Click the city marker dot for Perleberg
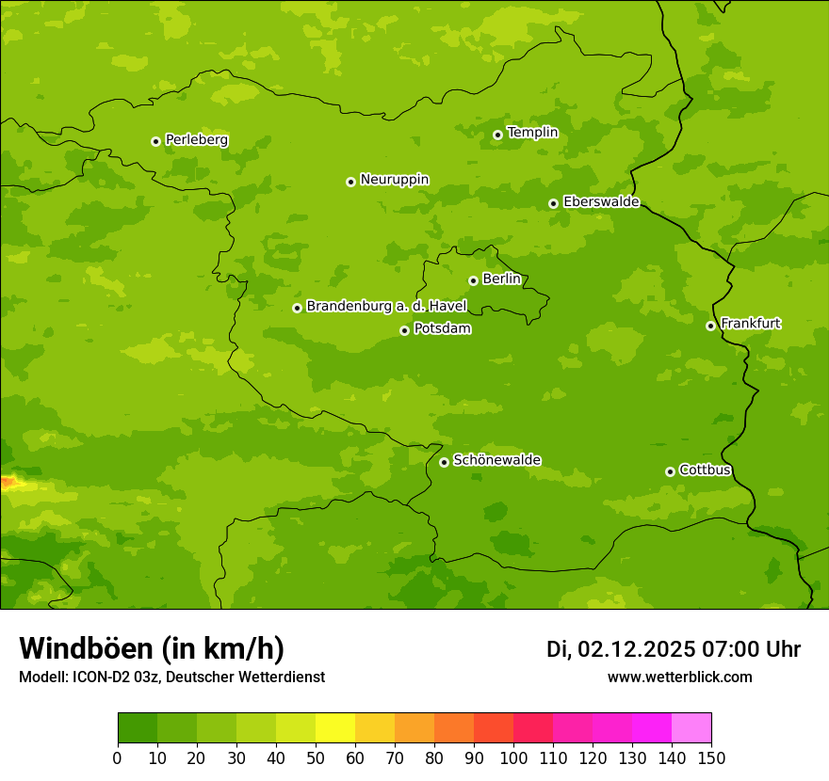pos(155,141)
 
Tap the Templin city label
pos(532,133)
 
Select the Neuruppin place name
pos(394,180)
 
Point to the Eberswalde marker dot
pos(553,203)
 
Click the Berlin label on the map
pos(501,279)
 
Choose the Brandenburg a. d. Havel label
pos(386,307)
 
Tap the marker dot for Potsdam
pos(404,330)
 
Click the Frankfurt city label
pos(750,324)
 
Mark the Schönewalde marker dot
pos(444,462)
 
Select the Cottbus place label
pos(705,470)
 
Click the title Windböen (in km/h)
pos(152,648)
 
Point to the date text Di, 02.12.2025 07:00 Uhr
pos(674,649)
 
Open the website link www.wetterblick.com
pos(679,677)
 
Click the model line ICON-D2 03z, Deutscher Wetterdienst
pos(171,677)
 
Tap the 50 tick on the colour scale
pos(316,757)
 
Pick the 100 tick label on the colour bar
pos(513,757)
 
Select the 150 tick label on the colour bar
pos(711,757)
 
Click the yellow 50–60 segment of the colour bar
pos(335,728)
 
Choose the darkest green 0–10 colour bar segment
pos(138,728)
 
